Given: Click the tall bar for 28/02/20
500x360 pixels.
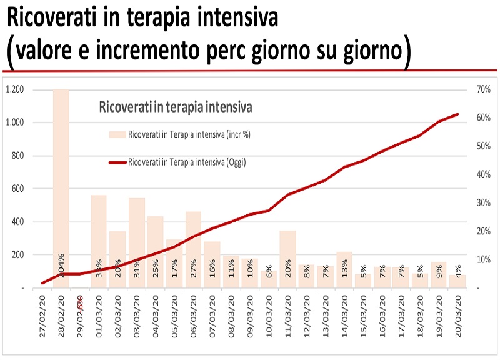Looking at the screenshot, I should pyautogui.click(x=61, y=187).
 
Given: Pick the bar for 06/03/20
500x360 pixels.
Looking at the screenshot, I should pyautogui.click(x=193, y=249).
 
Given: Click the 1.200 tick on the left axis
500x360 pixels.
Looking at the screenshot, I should pyautogui.click(x=14, y=89).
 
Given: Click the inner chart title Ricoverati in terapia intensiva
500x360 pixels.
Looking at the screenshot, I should pyautogui.click(x=176, y=107).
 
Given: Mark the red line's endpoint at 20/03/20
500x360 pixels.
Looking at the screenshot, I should pyautogui.click(x=458, y=114).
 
